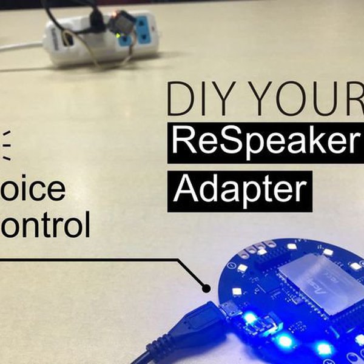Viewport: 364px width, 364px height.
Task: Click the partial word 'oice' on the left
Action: (x=33, y=189)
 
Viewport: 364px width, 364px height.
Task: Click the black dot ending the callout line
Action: (x=206, y=287)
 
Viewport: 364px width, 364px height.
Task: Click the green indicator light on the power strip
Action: (x=117, y=35)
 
